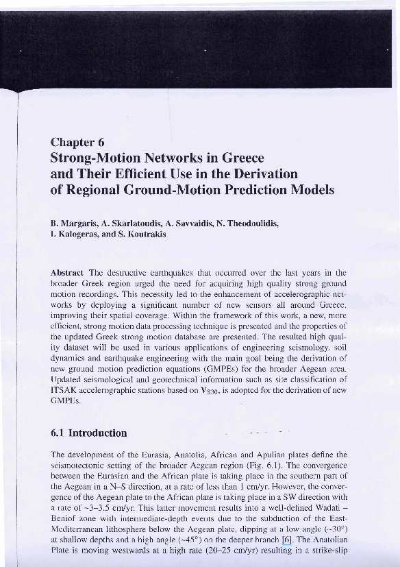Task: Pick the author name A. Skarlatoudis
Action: tap(134, 224)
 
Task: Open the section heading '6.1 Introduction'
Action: tap(89, 433)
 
